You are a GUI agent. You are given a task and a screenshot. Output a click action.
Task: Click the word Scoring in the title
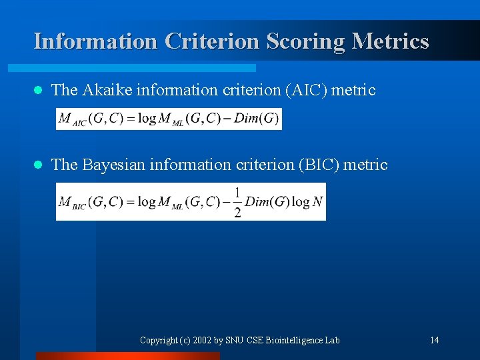pyautogui.click(x=305, y=41)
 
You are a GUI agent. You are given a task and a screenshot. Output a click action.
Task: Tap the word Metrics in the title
pyautogui.click(x=391, y=41)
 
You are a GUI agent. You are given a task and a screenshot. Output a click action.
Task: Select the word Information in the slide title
pyautogui.click(x=95, y=41)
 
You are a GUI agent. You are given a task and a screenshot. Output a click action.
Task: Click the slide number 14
pyautogui.click(x=434, y=341)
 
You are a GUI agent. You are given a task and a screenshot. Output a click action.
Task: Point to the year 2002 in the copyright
pyautogui.click(x=202, y=341)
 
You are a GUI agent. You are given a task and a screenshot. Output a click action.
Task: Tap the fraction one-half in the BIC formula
pyautogui.click(x=237, y=202)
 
